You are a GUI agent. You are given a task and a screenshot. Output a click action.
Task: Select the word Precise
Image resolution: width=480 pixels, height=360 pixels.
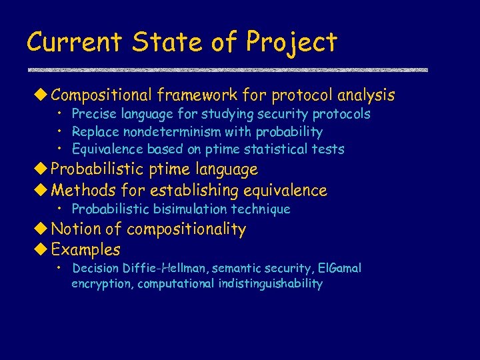pyautogui.click(x=93, y=114)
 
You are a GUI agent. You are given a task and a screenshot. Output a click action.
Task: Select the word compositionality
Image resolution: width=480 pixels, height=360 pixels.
pyautogui.click(x=186, y=230)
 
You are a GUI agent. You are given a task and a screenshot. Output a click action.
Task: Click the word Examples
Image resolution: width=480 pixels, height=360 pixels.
pyautogui.click(x=86, y=251)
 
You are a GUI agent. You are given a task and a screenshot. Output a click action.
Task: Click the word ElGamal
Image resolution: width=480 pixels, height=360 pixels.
pyautogui.click(x=339, y=268)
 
